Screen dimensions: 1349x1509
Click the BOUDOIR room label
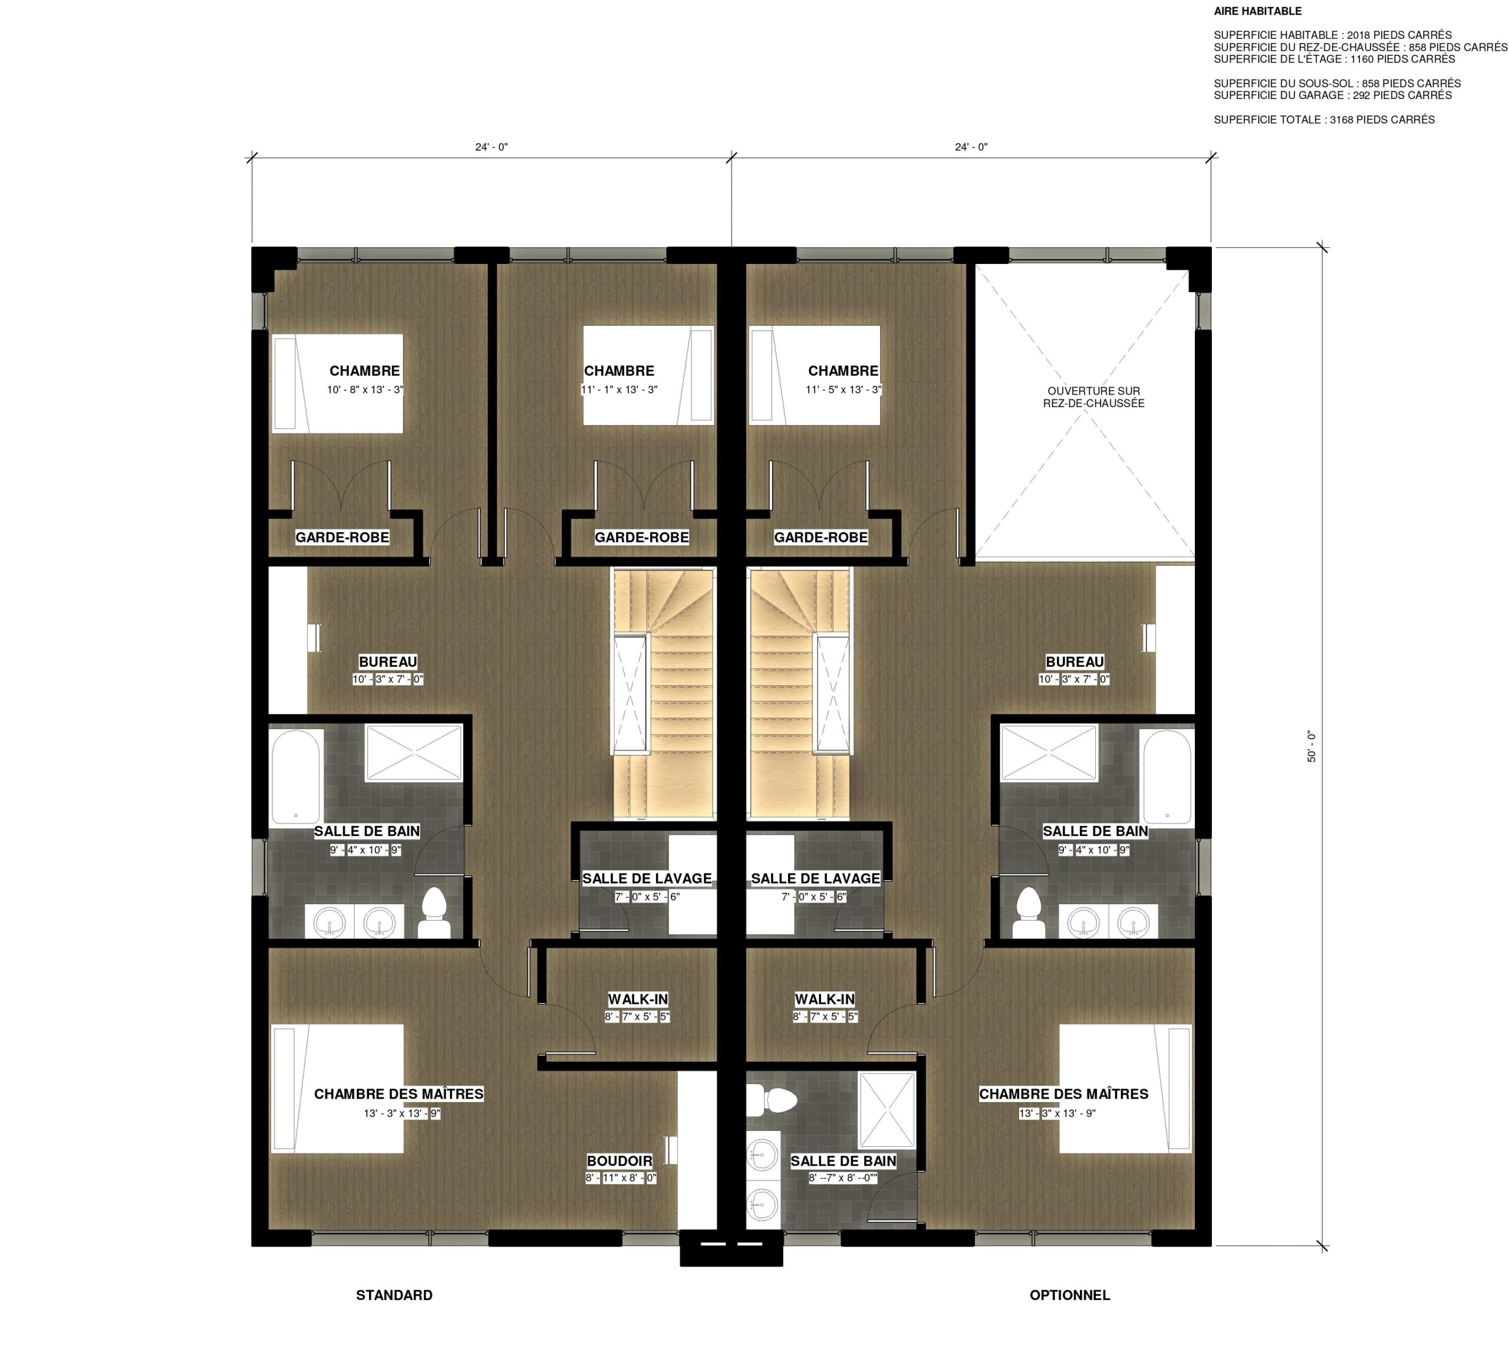619,1160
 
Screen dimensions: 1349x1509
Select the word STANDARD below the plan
394,1295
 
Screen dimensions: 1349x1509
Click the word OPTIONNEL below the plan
1069,1295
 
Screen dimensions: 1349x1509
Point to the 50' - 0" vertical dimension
1311,746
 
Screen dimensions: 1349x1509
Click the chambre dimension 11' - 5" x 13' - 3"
843,390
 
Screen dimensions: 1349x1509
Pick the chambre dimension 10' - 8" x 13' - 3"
365,390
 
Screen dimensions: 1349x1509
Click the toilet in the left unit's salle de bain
434,913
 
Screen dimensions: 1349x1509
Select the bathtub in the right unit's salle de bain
1167,776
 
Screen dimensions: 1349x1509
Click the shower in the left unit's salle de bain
413,752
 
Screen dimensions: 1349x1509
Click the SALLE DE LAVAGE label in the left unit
647,878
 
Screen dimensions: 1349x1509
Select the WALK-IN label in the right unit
825,999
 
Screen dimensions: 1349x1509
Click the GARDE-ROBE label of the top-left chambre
342,537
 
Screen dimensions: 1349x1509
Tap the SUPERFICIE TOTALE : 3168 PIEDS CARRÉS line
1324,120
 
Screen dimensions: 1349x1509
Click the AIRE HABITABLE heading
1257,11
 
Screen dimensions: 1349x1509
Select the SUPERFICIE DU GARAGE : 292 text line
1332,95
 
